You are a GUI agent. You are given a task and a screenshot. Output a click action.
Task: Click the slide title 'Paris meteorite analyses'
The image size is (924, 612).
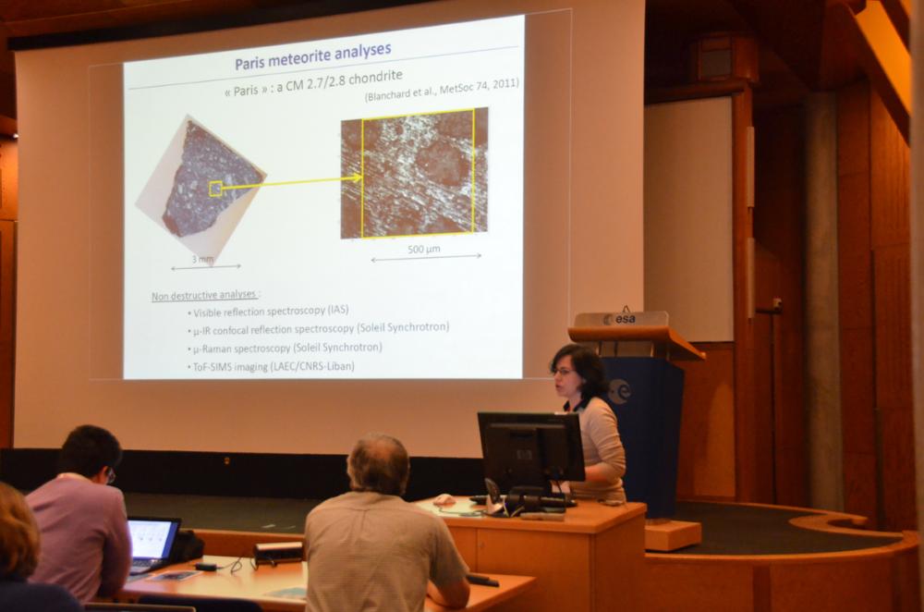(x=313, y=56)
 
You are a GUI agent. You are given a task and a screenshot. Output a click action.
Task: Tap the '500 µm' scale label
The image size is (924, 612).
(x=424, y=249)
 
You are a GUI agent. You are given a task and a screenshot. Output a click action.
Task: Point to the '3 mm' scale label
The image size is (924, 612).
(x=202, y=259)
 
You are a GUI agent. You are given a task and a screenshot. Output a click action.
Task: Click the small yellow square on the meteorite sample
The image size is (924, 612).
(x=215, y=188)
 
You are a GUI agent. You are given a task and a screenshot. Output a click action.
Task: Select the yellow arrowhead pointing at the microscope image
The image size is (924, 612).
(x=356, y=177)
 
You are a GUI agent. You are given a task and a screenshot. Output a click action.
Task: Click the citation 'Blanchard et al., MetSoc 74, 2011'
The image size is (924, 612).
(x=442, y=89)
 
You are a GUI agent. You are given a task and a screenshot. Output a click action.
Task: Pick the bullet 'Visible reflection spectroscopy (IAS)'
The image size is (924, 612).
(x=268, y=311)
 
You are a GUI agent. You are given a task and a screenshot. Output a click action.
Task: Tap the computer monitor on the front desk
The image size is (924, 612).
(x=530, y=447)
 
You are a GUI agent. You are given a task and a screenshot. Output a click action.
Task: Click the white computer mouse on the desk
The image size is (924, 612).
(x=444, y=500)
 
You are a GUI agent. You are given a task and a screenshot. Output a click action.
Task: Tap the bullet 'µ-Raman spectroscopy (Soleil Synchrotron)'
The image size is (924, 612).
(x=285, y=348)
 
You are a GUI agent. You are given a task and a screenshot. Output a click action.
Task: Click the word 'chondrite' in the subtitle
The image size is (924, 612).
(x=376, y=79)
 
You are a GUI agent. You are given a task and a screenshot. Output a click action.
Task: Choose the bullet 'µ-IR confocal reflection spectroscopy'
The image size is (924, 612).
(x=318, y=328)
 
